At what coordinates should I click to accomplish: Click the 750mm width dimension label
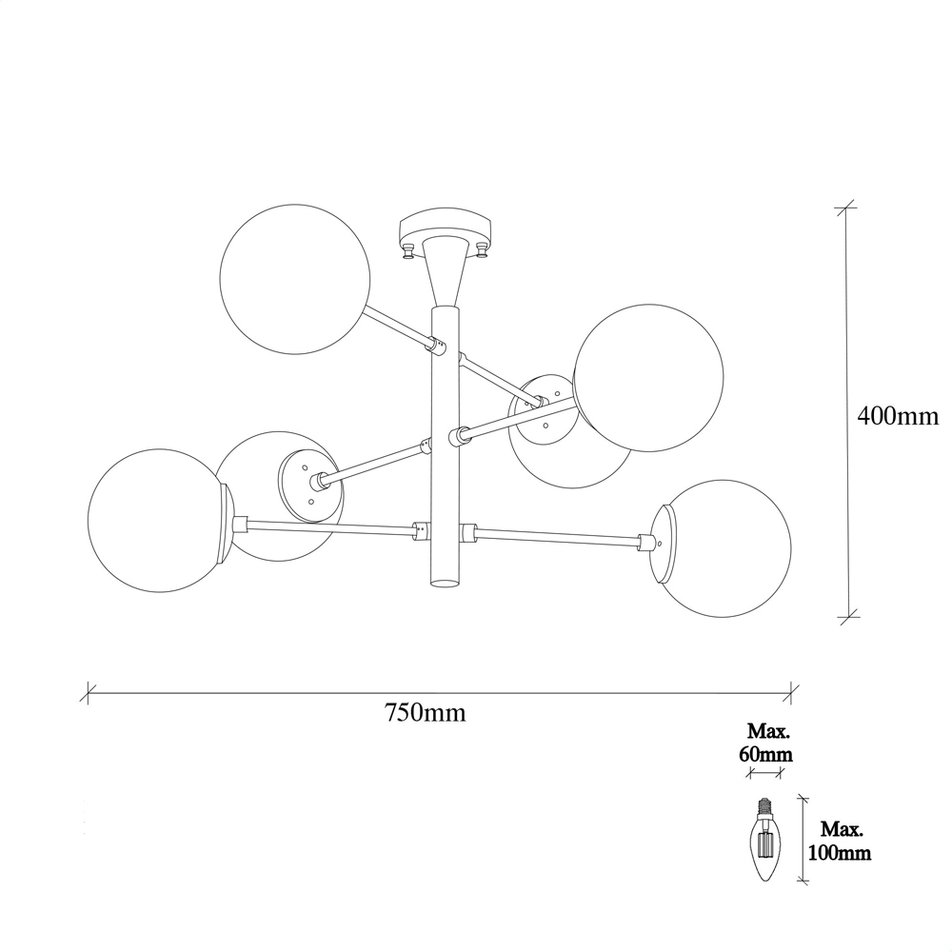(x=425, y=712)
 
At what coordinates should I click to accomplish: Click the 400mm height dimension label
(x=898, y=417)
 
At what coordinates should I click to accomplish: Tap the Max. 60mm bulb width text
(x=765, y=743)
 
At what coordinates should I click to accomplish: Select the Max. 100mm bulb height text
(x=840, y=841)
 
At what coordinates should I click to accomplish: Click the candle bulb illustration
(x=765, y=841)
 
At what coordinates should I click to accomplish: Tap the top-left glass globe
(x=295, y=279)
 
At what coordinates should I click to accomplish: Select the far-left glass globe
(x=159, y=521)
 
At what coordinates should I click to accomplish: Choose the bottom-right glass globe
(x=723, y=548)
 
